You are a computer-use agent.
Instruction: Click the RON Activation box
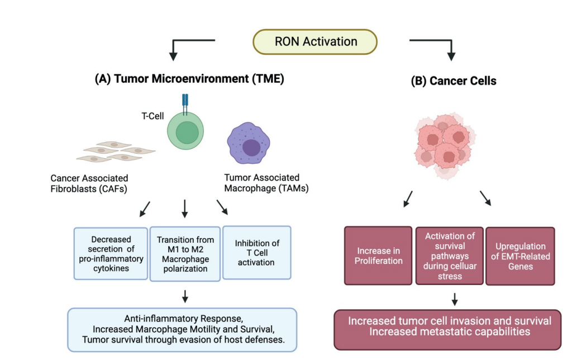(x=316, y=42)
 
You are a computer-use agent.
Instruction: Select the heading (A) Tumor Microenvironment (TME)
(x=189, y=79)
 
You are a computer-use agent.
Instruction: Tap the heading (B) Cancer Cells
(x=454, y=81)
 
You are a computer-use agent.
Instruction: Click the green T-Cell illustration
(x=187, y=132)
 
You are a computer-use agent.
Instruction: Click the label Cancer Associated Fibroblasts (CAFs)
(x=89, y=183)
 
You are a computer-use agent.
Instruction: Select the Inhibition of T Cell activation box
(x=257, y=253)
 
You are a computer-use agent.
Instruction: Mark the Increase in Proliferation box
(x=378, y=255)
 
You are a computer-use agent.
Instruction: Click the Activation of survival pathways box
(x=450, y=255)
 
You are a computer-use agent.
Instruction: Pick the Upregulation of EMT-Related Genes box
(x=520, y=255)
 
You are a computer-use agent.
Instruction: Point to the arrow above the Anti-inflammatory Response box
(x=185, y=295)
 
